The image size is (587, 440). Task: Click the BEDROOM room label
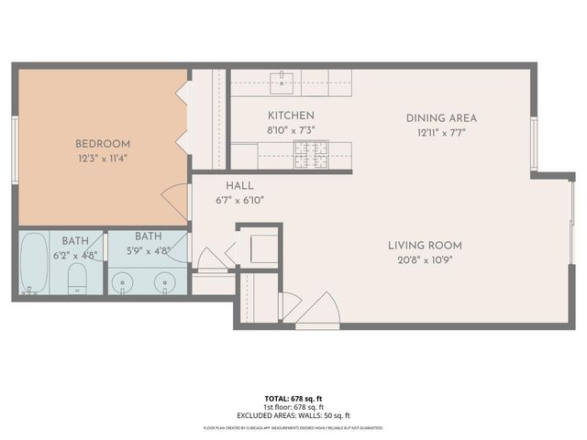click(103, 144)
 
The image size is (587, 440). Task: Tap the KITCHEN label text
click(291, 115)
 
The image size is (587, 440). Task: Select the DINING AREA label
click(442, 118)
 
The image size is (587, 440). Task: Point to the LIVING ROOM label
click(425, 245)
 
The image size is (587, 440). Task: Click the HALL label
click(239, 186)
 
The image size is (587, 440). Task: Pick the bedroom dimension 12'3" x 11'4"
click(103, 158)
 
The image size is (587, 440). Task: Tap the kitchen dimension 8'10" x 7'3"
click(291, 129)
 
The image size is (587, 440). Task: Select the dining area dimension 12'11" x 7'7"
click(442, 131)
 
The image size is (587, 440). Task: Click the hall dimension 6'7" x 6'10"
click(239, 199)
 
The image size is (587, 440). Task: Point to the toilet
click(77, 279)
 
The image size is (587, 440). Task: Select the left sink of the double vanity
click(123, 281)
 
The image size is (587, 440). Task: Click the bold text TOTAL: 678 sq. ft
click(293, 399)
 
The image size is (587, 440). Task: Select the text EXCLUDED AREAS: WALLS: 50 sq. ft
click(293, 414)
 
